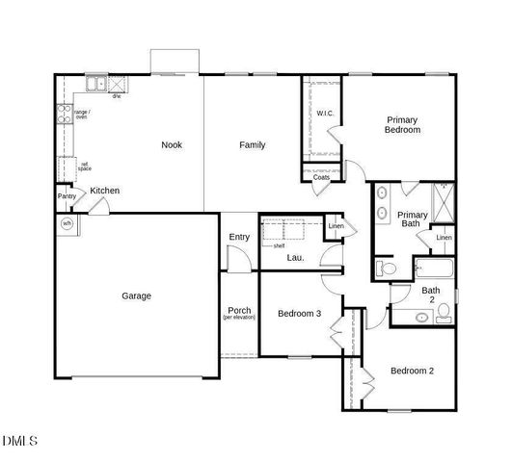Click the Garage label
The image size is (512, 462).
pos(136,296)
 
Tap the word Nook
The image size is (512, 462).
pos(172,145)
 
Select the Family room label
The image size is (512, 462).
pos(253,145)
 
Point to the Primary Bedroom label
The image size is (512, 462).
pos(402,125)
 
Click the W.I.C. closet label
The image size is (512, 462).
pos(325,114)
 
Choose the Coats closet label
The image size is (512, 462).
pos(321,177)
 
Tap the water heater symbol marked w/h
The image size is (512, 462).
pos(67,224)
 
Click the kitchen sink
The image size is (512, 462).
pos(96,83)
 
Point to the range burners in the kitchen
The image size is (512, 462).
pos(66,115)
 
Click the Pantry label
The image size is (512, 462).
pos(67,196)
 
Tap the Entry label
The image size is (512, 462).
pos(239,238)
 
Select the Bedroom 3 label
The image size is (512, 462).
pos(299,314)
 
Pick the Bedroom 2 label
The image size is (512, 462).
pos(412,371)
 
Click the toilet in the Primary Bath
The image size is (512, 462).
pos(383,267)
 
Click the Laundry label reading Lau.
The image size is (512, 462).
pos(295,258)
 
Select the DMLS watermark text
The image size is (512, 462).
pos(20,442)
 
